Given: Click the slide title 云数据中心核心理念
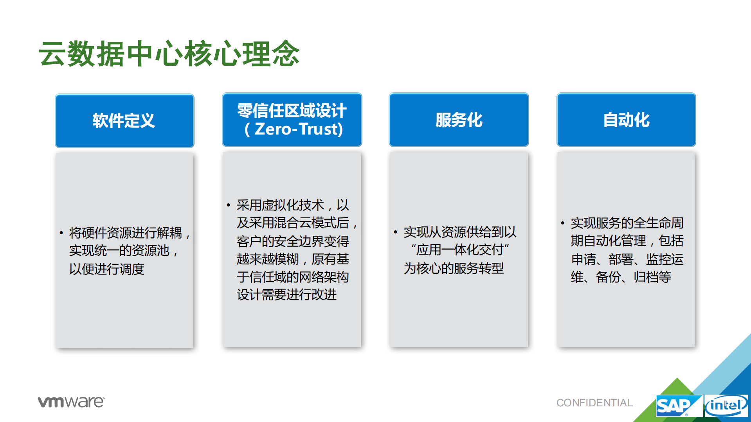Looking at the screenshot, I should pos(169,54).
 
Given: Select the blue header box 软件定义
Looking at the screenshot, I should pos(124,120).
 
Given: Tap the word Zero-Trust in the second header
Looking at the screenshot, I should pos(299,129).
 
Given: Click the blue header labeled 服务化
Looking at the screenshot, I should pos(459,120).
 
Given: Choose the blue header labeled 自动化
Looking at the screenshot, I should pos(626,120).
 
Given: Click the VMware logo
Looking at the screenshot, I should pos(71,402).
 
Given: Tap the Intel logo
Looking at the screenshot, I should pos(726,406).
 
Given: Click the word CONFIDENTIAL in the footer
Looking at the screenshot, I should pos(594,403).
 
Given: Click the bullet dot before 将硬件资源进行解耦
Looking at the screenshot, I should pos(61,233).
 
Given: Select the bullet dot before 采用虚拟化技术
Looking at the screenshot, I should pos(228,205).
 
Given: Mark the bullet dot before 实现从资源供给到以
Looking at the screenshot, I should pos(395,232).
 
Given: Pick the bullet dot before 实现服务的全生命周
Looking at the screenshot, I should pos(562,223).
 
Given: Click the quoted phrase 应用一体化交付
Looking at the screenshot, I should pos(460,250).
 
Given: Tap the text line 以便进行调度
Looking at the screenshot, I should pos(106,269).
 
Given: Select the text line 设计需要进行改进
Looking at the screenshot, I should pos(286,295).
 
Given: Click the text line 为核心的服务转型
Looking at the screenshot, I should pos(454,268).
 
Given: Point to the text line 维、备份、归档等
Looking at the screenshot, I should pos(621,277).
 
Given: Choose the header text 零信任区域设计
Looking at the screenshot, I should pos(292,111).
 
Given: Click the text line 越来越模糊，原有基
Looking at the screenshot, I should pos(293,259).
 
